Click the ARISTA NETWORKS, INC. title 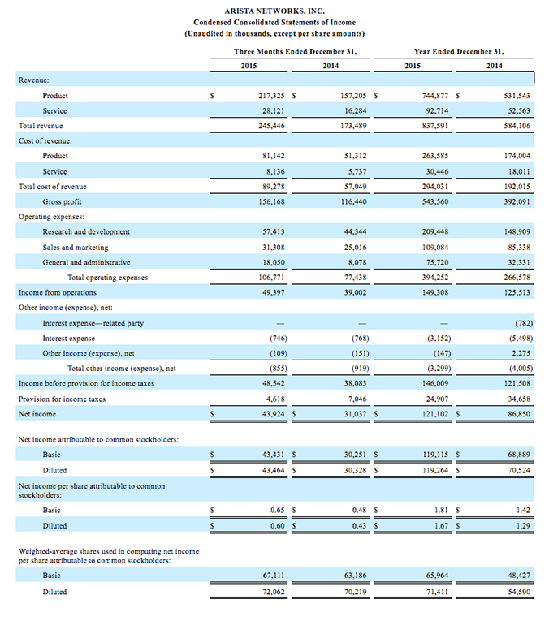(274, 9)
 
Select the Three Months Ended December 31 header (296, 51)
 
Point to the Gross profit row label (62, 201)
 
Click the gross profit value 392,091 (517, 201)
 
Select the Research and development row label (86, 231)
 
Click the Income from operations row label (57, 292)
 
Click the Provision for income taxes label (62, 399)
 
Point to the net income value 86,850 (517, 414)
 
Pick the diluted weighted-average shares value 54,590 (517, 592)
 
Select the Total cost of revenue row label (53, 186)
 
